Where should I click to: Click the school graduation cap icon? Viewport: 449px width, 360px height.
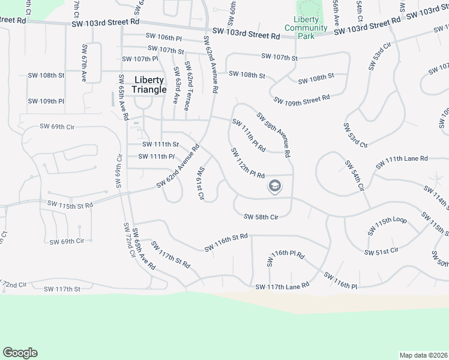pos(275,187)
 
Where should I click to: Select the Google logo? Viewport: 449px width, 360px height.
pos(20,353)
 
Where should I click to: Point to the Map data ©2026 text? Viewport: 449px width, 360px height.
pos(423,355)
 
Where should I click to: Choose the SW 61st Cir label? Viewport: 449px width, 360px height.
pos(201,183)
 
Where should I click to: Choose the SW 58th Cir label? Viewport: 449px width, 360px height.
pos(261,217)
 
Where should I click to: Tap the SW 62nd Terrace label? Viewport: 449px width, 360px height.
pos(187,90)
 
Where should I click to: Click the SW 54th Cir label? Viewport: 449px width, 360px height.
pos(354,175)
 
